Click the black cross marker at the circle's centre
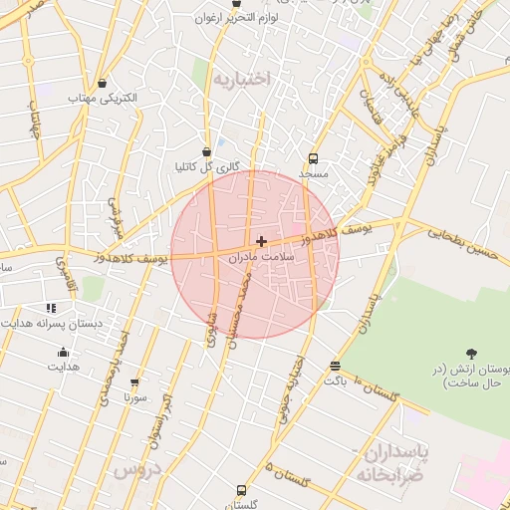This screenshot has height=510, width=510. click(x=261, y=241)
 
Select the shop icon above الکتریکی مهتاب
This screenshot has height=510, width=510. click(x=103, y=84)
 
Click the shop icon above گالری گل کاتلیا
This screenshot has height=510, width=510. click(x=206, y=152)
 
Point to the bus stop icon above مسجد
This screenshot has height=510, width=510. click(x=314, y=158)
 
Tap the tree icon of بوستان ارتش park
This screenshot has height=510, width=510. click(x=471, y=353)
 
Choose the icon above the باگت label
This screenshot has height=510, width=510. click(x=334, y=366)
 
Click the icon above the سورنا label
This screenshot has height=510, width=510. click(x=134, y=382)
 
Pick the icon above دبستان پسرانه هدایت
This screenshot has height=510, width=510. click(x=51, y=309)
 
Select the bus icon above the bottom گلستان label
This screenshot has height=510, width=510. click(x=242, y=490)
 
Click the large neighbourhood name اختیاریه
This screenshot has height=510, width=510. click(x=242, y=80)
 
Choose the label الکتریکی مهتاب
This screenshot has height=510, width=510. click(x=103, y=100)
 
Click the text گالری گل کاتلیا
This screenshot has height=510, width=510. click(x=206, y=167)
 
